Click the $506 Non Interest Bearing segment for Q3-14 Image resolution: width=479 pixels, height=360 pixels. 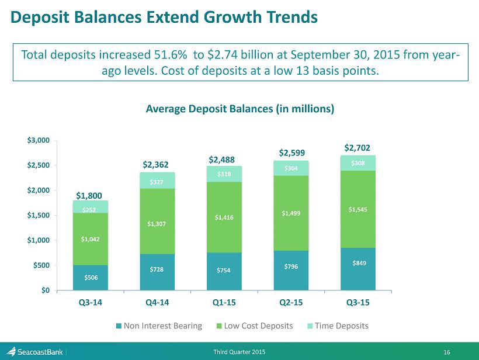pyautogui.click(x=91, y=278)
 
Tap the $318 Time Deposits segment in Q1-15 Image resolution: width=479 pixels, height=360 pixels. pyautogui.click(x=224, y=174)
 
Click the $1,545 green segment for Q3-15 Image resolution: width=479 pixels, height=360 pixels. pyautogui.click(x=359, y=209)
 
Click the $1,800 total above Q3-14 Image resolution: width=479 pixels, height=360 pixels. pyautogui.click(x=91, y=193)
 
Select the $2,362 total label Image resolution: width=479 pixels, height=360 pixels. pyautogui.click(x=157, y=165)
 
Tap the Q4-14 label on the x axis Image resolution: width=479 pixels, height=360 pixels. pyautogui.click(x=157, y=303)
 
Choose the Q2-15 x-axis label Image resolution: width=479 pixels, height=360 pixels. pyautogui.click(x=291, y=303)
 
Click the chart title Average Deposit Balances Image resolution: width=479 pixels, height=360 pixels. pyautogui.click(x=239, y=109)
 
